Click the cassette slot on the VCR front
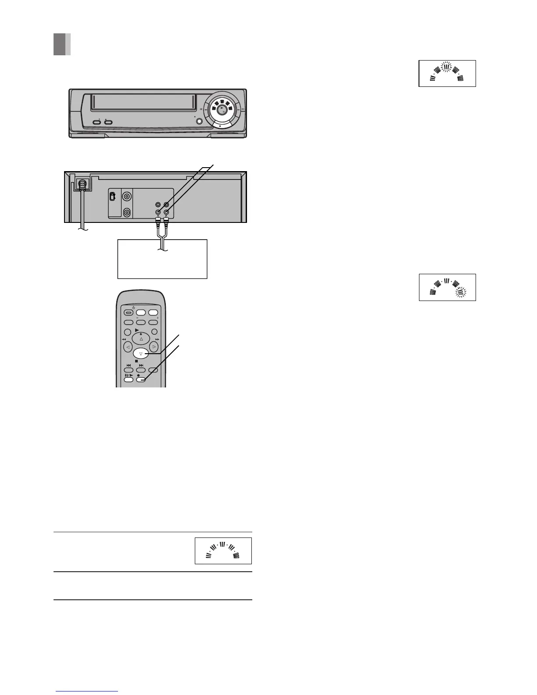pos(143,103)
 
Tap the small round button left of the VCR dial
pos(200,122)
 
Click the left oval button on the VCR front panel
pos(97,123)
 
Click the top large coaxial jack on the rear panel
pos(127,197)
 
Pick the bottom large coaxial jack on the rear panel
pos(127,213)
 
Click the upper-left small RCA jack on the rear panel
pos(158,204)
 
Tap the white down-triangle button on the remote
pos(140,353)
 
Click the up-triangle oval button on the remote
pos(141,339)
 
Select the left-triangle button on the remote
pos(128,347)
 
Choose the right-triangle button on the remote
pos(154,347)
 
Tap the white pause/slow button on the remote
pos(129,380)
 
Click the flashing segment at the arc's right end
pos(460,292)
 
